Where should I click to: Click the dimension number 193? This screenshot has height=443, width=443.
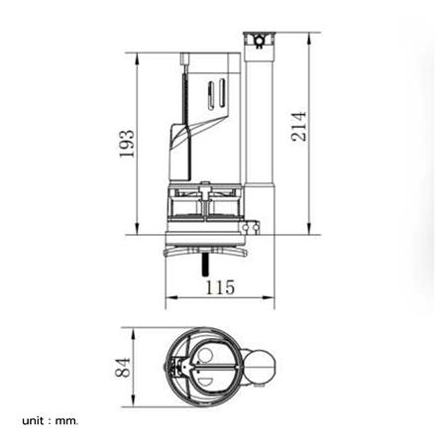127,144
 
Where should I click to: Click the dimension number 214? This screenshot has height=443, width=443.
299,127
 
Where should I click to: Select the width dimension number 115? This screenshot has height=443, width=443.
220,287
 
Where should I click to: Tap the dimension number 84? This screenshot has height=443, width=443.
123,368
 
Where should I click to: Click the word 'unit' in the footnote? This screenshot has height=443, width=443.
33,421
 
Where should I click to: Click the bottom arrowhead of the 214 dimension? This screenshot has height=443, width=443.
309,228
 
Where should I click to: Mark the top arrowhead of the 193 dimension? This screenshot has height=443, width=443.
137,58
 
